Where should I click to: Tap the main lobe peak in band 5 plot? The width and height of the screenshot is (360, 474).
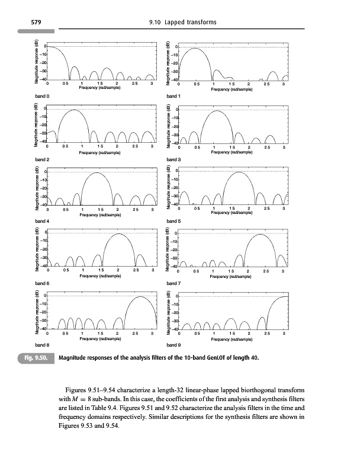click(237, 172)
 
